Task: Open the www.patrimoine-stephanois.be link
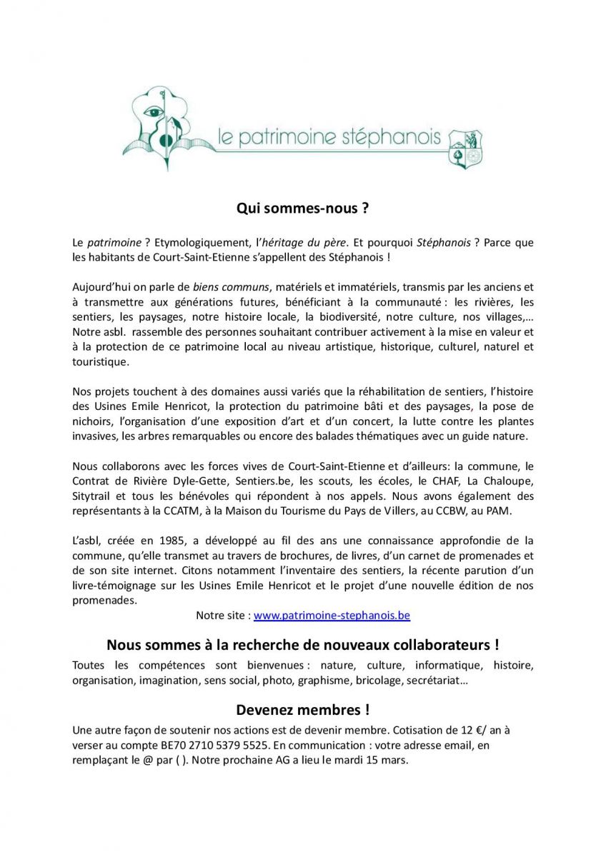(332, 615)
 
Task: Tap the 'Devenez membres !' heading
(302, 710)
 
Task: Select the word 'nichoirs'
(91, 421)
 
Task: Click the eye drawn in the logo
(154, 112)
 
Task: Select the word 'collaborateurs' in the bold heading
(436, 645)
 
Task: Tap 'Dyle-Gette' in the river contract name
(204, 481)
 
